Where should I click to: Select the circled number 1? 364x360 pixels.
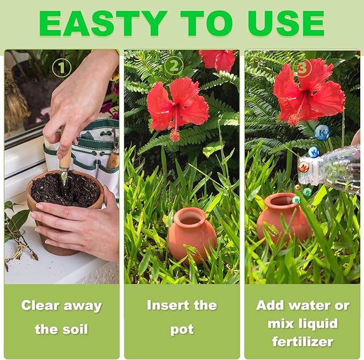tap(62, 68)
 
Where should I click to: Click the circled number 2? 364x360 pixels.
tap(173, 66)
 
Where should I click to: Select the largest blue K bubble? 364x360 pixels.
tap(322, 132)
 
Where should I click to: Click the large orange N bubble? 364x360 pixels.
tap(303, 167)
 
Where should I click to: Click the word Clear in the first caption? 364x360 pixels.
tap(41, 306)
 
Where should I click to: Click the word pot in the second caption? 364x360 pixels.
tap(182, 329)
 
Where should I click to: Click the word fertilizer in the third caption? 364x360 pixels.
tap(302, 341)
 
